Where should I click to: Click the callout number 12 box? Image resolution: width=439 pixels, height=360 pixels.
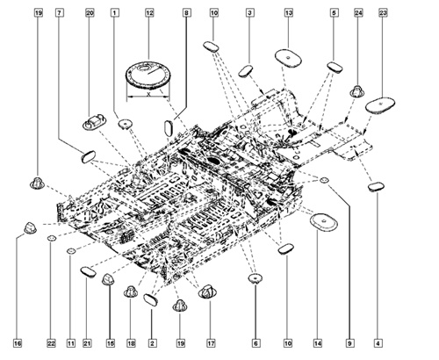pos(149,13)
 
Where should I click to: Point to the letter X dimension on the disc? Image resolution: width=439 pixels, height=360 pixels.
pos(149,98)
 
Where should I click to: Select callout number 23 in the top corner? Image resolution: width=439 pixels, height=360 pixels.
pos(383,13)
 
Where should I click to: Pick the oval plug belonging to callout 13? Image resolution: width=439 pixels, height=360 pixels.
pos(288,57)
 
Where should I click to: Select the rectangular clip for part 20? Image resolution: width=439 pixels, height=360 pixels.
pos(94,119)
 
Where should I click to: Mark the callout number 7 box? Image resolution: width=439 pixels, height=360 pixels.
pos(59,13)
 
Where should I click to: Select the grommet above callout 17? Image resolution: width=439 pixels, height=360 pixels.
pos(209,292)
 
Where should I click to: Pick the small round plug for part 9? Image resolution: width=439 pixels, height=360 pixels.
pos(324,181)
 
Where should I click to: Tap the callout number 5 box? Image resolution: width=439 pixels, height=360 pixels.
pos(334,13)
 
